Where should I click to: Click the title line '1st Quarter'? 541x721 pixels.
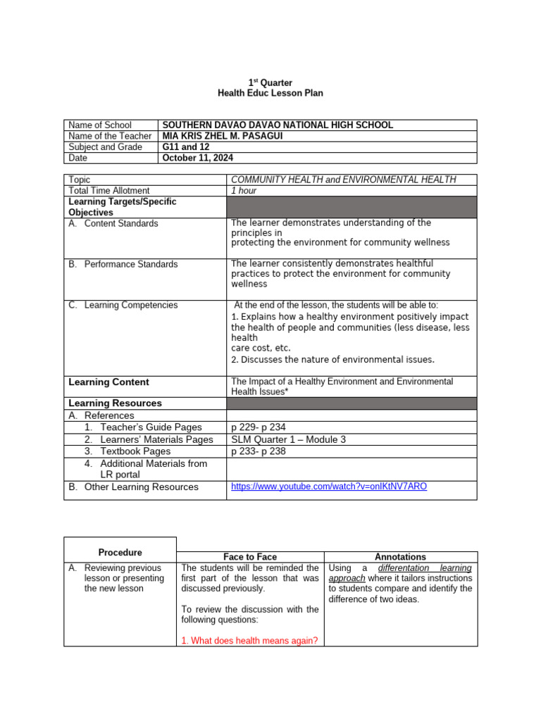tap(270, 83)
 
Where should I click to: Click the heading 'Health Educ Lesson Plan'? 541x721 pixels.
tap(270, 94)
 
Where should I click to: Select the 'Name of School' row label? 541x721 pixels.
tap(99, 125)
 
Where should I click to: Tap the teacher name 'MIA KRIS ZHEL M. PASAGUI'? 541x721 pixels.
tap(222, 136)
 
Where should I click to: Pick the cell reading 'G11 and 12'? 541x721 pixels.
tap(186, 147)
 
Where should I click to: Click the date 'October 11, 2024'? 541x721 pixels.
tap(197, 158)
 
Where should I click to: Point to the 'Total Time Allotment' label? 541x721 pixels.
tap(109, 191)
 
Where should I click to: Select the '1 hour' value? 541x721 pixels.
tap(244, 191)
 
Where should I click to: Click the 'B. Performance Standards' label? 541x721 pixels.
tap(123, 264)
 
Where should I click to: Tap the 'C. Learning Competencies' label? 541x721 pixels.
tap(123, 305)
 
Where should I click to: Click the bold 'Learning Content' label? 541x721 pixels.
tap(108, 382)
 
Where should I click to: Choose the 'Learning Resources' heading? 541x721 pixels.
tap(115, 403)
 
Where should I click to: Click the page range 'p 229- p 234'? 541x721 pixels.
tap(259, 427)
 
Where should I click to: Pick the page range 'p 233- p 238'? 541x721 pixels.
tap(259, 451)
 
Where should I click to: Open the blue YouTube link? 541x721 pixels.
tap(329, 487)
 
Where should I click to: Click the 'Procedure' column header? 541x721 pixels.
tap(120, 553)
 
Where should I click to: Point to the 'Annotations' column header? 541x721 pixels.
tap(400, 557)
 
